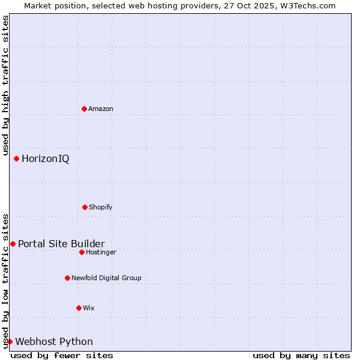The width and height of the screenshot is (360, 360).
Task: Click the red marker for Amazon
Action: point(84,109)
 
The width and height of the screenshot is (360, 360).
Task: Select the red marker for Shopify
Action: point(85,207)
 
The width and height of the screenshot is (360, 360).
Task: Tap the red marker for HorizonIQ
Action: point(16,158)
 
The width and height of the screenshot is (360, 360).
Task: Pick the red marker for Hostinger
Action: point(82,252)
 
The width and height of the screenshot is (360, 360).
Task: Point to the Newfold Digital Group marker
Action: point(67,278)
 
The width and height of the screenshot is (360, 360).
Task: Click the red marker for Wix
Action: point(79,308)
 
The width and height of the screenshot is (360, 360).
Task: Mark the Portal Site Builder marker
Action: point(13,244)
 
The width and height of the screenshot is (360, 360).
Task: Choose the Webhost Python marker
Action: point(10,341)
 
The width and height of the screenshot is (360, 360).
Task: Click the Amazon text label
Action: point(101,109)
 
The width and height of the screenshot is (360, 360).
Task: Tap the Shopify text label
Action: point(101,207)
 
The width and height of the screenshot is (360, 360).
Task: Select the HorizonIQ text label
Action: point(46,159)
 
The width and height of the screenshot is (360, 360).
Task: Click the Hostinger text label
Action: point(101,252)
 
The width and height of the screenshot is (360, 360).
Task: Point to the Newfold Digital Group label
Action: point(106,278)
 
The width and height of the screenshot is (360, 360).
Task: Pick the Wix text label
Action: point(89,308)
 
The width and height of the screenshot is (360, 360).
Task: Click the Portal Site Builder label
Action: point(61,244)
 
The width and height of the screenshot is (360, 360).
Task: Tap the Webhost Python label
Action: point(54,342)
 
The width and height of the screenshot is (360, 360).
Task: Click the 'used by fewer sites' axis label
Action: point(62,355)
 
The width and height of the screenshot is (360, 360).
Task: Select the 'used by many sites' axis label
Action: point(301,355)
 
